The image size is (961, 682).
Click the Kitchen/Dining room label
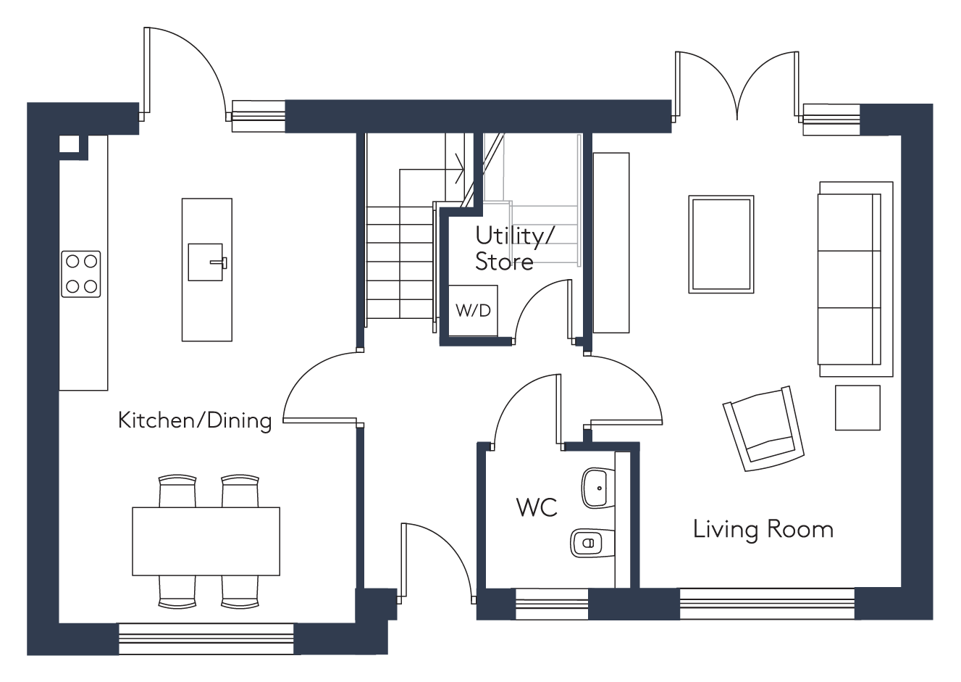pos(195,420)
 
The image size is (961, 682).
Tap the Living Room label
pos(763,530)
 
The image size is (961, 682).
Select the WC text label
pos(537,507)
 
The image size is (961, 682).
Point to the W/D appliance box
pos(473,310)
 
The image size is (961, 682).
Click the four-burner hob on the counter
pos(81,274)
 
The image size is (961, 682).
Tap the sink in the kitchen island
pos(207,262)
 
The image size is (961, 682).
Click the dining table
pos(206,541)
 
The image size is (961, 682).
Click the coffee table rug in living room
pos(721,244)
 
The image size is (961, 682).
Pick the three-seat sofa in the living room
pos(855,279)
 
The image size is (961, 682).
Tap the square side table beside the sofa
pos(857,407)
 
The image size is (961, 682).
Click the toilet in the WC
pos(592,544)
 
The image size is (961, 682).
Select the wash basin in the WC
pos(598,488)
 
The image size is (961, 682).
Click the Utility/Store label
pos(514,249)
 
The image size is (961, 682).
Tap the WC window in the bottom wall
pos(551,604)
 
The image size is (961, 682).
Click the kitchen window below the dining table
pos(206,639)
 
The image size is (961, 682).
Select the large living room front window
pos(767,604)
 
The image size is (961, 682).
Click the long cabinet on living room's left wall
pos(611,243)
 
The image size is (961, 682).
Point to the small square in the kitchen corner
pos(69,144)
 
